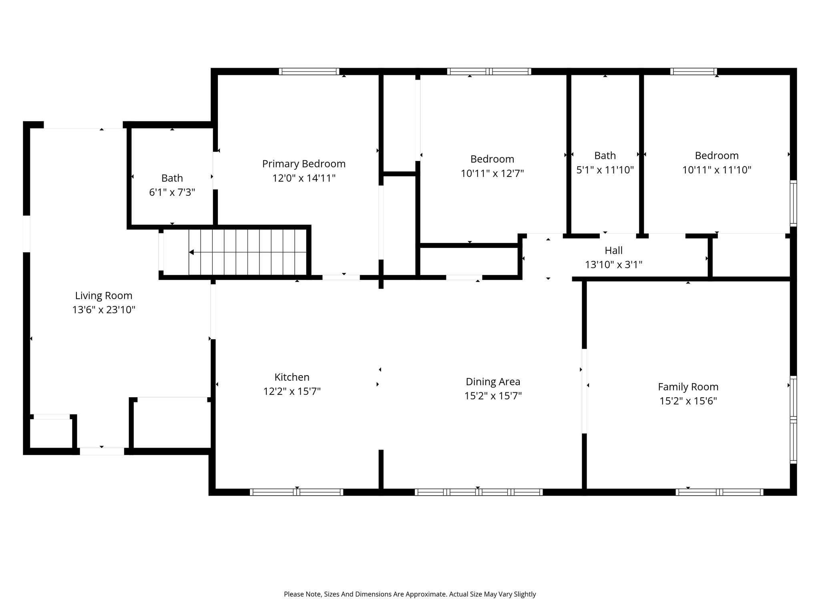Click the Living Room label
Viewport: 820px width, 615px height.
[104, 296]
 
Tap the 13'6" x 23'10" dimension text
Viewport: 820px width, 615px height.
[104, 310]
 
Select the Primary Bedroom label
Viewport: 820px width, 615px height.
[304, 164]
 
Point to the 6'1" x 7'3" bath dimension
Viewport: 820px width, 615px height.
[172, 193]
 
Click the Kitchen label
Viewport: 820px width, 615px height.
[292, 377]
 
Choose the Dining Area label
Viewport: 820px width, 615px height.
[493, 382]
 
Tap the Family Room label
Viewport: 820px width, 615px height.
[688, 387]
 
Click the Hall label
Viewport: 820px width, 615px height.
[613, 251]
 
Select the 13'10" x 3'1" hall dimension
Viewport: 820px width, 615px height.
[613, 265]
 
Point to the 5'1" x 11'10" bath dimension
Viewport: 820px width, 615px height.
[605, 170]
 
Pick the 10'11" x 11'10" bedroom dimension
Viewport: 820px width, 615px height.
[717, 170]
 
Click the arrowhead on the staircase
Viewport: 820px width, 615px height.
[191, 252]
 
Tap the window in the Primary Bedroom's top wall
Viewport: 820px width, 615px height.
[309, 72]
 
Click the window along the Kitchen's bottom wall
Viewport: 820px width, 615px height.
[297, 492]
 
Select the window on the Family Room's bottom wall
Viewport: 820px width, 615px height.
[720, 492]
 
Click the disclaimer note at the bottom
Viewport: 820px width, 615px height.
[410, 594]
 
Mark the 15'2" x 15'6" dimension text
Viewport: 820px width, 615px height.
[688, 401]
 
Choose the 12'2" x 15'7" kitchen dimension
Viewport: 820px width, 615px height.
[292, 392]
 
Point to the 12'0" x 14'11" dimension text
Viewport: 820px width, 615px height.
[304, 179]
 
